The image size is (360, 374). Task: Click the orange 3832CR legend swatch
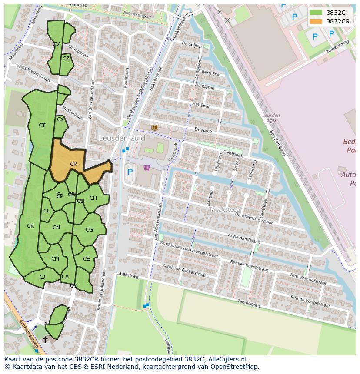tap(316, 21)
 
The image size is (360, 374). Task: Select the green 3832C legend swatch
tap(316, 13)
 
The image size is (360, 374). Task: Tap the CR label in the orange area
tap(73, 164)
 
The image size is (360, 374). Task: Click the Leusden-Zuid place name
tap(122, 139)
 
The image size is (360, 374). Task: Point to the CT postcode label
tap(42, 126)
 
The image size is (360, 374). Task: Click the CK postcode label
tap(30, 226)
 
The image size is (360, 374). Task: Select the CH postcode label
tap(93, 198)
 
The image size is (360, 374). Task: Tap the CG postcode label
tap(89, 230)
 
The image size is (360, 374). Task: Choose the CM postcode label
tap(55, 259)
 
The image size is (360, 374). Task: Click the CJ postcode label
tap(42, 277)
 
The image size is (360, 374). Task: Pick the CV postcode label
tap(56, 44)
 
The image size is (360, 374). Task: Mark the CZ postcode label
tap(66, 59)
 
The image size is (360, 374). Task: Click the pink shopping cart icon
tap(147, 168)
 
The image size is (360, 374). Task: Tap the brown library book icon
tap(155, 127)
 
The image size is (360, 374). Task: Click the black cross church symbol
tap(45, 340)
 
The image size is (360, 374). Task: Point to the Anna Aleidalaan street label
tap(244, 239)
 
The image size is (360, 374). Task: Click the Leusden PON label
tap(271, 118)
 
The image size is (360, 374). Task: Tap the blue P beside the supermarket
tap(130, 172)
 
